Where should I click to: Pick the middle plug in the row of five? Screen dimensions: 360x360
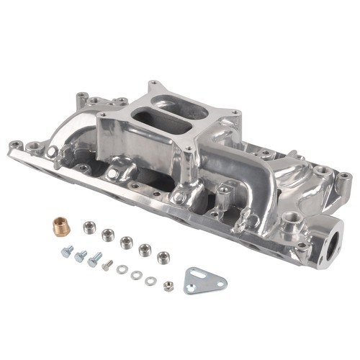click(x=126, y=241)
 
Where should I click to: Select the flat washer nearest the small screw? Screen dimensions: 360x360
click(x=121, y=269)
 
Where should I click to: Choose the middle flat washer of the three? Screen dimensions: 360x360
click(x=135, y=274)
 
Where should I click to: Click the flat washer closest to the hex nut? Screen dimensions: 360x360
click(x=150, y=279)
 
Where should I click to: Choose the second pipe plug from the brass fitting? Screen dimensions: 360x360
click(x=108, y=234)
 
